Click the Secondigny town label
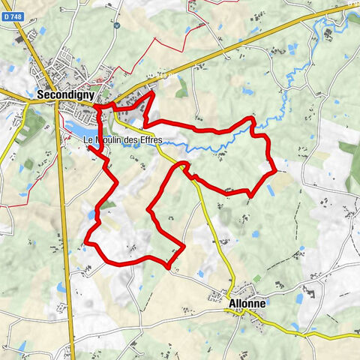65,95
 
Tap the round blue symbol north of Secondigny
116,25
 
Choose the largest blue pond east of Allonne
299,298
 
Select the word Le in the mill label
88,140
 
